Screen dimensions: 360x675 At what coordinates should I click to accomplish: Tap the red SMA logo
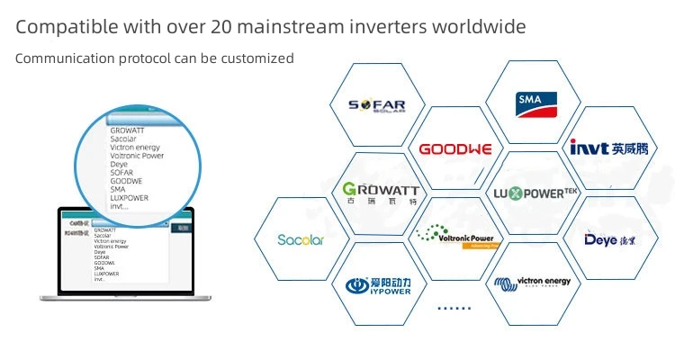point(535,103)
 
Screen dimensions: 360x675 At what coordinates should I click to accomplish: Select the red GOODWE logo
point(455,148)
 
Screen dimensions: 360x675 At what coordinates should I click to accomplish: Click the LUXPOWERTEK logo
point(534,193)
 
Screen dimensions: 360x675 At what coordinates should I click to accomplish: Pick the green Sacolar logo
point(301,240)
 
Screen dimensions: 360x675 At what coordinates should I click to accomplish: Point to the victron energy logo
point(533,283)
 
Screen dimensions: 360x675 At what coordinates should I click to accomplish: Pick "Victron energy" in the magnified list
point(135,147)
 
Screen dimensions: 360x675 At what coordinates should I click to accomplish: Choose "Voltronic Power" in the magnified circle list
point(137,155)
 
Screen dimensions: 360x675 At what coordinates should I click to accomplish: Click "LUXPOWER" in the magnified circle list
point(130,197)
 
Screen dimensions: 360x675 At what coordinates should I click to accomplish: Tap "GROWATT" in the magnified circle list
point(127,130)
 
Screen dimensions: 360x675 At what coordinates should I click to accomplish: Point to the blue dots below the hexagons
point(454,308)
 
